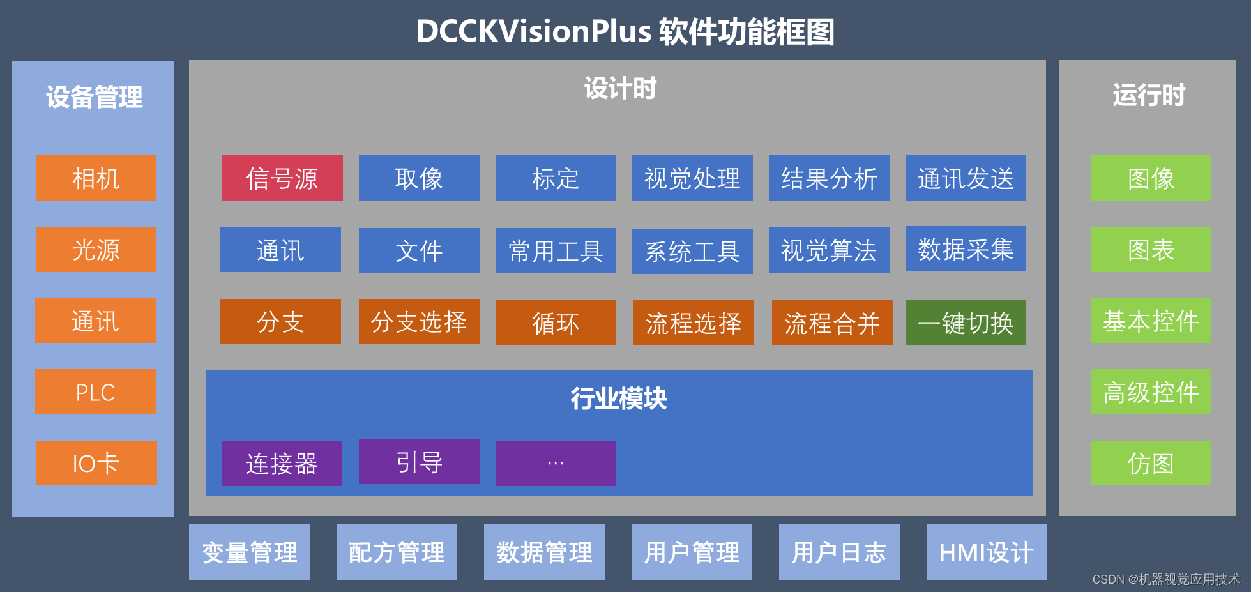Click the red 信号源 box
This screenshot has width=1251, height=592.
282,178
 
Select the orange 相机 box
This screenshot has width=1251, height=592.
96,178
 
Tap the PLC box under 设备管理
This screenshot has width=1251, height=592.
95,392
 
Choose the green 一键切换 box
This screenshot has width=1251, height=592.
966,323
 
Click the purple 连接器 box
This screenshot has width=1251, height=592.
282,464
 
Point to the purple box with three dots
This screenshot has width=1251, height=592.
556,464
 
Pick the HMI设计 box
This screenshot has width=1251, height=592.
986,552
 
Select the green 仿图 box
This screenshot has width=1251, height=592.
1151,464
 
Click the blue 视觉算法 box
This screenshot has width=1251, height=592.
829,250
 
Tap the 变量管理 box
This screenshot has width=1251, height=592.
249,552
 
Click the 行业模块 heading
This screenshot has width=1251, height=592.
619,399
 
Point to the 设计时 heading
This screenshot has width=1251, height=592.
620,89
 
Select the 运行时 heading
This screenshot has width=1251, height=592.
1149,96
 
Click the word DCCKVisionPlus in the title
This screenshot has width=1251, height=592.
534,31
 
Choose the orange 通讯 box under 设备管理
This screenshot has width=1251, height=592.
95,321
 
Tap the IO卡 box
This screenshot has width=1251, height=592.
96,464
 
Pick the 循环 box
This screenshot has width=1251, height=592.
556,323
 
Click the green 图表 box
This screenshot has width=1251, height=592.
1151,250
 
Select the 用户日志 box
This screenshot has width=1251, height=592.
839,552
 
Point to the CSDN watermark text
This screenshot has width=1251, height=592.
1166,579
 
